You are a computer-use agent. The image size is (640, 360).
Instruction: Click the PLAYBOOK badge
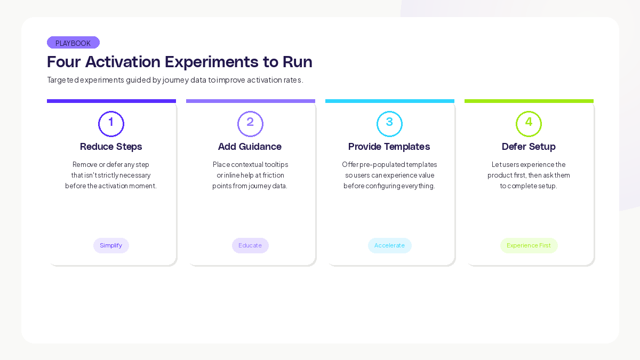click(73, 43)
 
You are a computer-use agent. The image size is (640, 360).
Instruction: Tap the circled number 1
click(111, 124)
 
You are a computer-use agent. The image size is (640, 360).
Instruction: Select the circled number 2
click(250, 124)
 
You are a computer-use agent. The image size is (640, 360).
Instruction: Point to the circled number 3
click(389, 124)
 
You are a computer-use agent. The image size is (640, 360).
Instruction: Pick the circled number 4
click(529, 124)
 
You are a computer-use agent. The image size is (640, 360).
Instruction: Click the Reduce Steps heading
click(111, 147)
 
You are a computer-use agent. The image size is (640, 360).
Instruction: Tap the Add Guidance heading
click(250, 147)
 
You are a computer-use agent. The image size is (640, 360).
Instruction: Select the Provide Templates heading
click(389, 147)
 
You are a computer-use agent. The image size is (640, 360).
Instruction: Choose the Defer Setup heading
click(529, 147)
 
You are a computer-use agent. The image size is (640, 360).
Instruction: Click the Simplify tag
click(111, 245)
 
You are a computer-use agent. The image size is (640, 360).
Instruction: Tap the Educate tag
click(250, 245)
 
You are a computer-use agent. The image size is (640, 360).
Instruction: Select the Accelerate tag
click(389, 245)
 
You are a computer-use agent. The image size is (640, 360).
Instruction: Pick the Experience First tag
click(529, 245)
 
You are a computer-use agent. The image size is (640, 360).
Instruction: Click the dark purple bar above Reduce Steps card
click(111, 101)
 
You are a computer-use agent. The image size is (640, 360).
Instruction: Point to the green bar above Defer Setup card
click(529, 101)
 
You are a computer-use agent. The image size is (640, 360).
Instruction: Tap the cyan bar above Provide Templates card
click(390, 101)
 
